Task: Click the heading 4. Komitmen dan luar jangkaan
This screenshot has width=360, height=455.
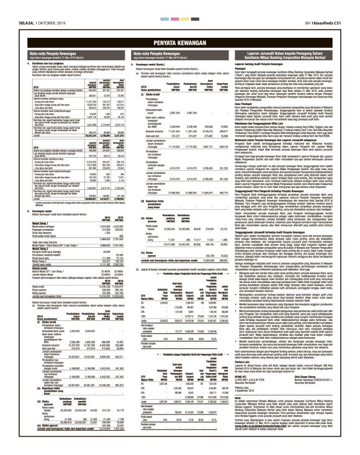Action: coord(43,63)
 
